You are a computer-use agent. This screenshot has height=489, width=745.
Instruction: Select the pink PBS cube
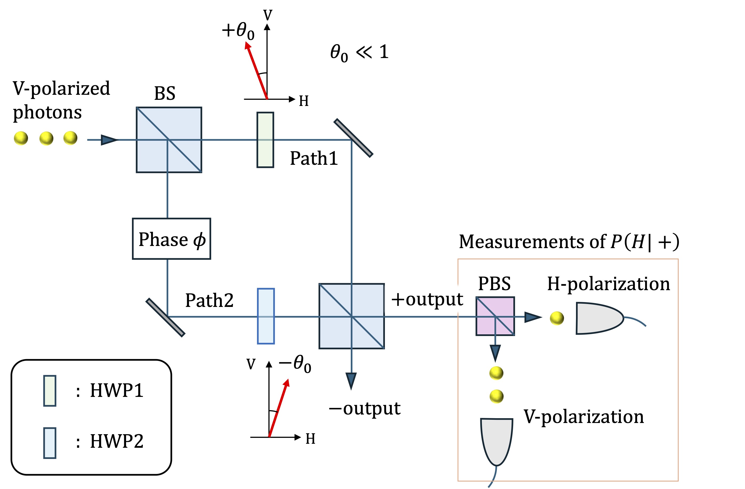(495, 316)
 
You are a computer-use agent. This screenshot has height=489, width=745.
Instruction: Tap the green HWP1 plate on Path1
(265, 140)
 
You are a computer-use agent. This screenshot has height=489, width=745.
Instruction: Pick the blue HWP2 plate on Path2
(266, 316)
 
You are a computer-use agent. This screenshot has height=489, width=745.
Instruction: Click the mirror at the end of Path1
(353, 138)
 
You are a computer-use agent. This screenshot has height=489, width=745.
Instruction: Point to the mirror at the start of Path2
(165, 317)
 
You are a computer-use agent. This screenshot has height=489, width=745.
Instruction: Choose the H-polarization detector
(598, 318)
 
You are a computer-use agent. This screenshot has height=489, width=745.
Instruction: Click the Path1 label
(314, 158)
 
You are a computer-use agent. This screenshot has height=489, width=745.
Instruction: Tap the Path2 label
(209, 301)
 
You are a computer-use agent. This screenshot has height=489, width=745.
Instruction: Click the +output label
(427, 299)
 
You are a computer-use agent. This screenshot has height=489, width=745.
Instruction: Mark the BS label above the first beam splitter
(165, 93)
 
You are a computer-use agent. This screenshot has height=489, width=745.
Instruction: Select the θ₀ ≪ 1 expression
(359, 52)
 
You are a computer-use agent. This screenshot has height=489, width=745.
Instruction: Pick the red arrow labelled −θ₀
(279, 408)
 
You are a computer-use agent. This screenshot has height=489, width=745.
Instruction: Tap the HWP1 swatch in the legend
(50, 391)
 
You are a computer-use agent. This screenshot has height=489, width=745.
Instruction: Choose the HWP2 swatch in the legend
(50, 443)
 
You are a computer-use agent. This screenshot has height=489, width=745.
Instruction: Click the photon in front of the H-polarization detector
(557, 318)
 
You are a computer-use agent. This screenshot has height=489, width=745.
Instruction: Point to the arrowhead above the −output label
(351, 380)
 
